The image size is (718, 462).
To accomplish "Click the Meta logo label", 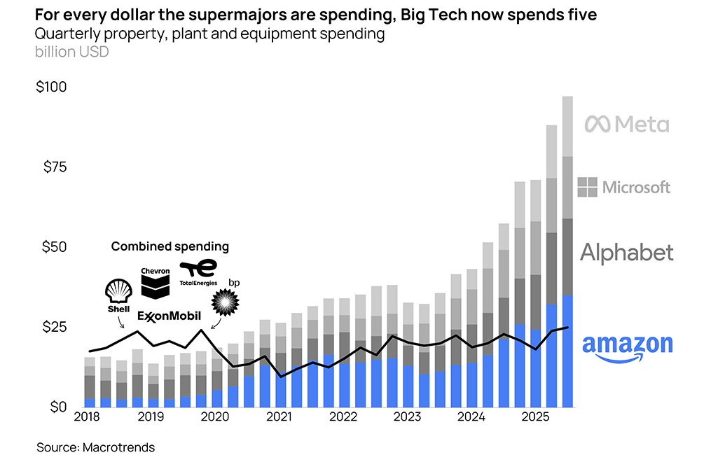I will pyautogui.click(x=627, y=125).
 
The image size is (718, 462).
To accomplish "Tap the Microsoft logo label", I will pyautogui.click(x=624, y=187).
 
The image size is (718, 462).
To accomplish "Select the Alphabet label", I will pyautogui.click(x=626, y=253).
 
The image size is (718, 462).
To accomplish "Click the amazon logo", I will pyautogui.click(x=627, y=347).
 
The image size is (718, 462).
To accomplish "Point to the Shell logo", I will pyautogui.click(x=118, y=294).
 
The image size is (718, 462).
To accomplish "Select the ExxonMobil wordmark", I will pyautogui.click(x=168, y=316).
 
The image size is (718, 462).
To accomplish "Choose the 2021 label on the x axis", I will pyautogui.click(x=279, y=418).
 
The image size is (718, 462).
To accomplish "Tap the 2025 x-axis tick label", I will pyautogui.click(x=536, y=418).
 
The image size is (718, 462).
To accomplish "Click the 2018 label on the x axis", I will pyautogui.click(x=87, y=418).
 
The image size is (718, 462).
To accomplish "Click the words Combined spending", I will pyautogui.click(x=170, y=246).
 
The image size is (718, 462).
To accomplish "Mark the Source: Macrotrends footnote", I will pyautogui.click(x=95, y=447).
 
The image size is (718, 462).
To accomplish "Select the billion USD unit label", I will pyautogui.click(x=71, y=52).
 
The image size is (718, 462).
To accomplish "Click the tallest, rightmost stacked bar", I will pyautogui.click(x=567, y=252).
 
